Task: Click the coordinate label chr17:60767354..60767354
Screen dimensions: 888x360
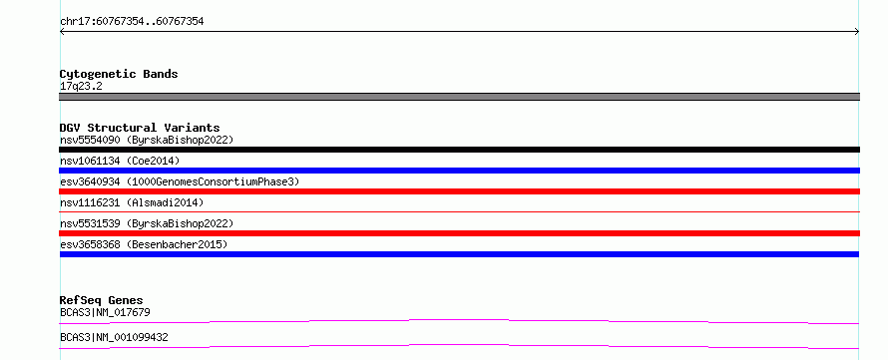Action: [x=132, y=22]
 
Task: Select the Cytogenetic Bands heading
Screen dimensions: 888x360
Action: [x=119, y=74]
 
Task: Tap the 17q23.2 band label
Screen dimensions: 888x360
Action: [x=81, y=87]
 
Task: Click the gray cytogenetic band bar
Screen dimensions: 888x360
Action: [x=459, y=97]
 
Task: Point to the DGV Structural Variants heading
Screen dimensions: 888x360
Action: [x=140, y=128]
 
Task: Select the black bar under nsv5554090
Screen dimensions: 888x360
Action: [x=459, y=150]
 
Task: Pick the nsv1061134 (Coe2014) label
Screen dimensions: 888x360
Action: [x=120, y=161]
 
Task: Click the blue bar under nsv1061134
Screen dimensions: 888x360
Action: [x=459, y=171]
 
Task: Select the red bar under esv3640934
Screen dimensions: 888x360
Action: [x=459, y=191]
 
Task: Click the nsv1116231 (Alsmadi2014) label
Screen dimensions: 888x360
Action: [x=132, y=202]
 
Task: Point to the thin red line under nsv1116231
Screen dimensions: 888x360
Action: [x=459, y=211]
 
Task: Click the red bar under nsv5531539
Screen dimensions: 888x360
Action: [x=459, y=233]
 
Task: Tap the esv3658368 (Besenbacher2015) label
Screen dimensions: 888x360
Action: [x=144, y=244]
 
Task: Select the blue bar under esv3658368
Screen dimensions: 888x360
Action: [x=459, y=254]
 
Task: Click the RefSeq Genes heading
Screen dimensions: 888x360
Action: [x=102, y=300]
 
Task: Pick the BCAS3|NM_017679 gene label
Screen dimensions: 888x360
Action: [x=105, y=312]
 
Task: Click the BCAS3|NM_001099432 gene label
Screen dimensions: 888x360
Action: [x=114, y=338]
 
